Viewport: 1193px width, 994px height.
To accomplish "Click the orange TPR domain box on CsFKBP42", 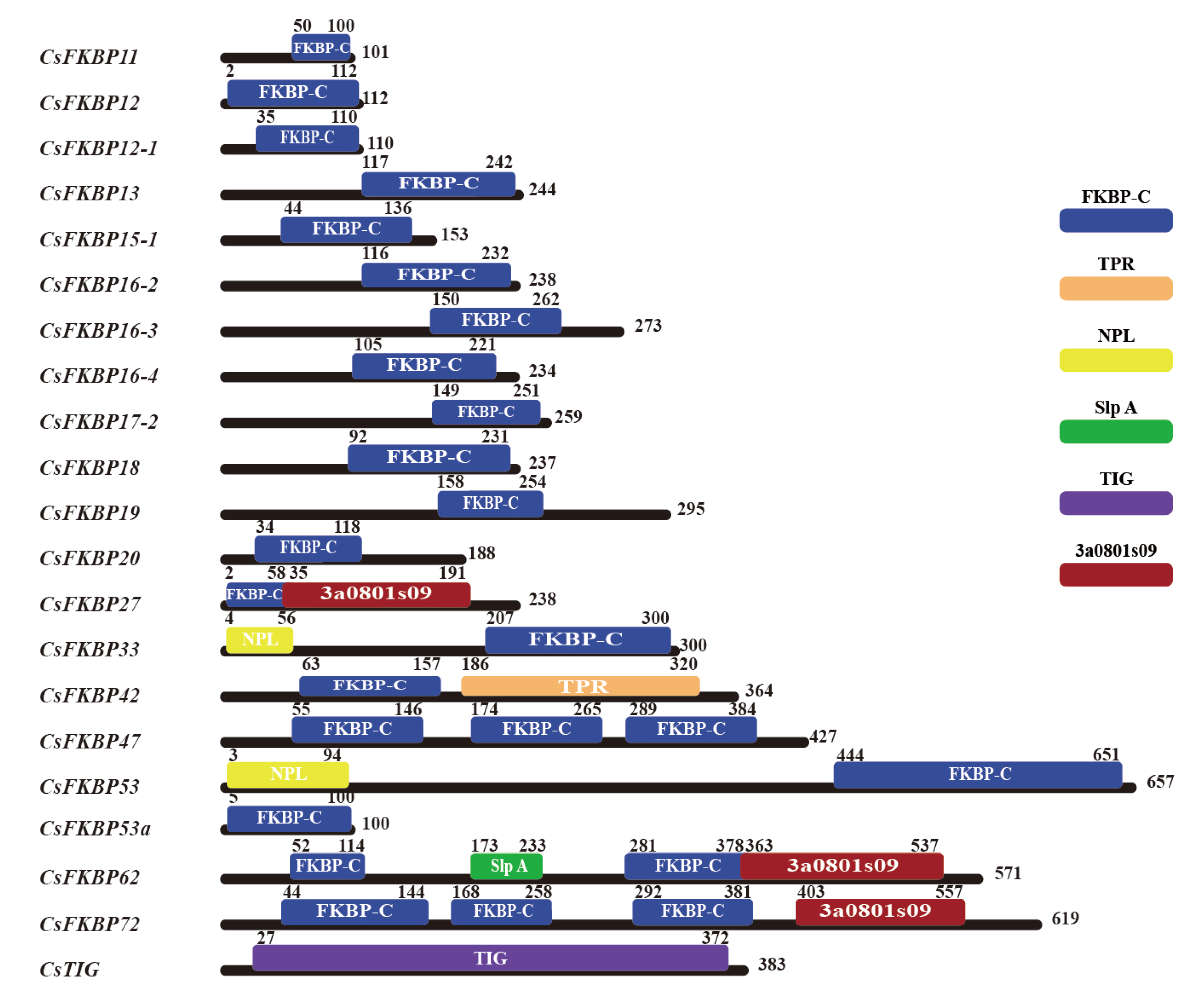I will click(x=580, y=686).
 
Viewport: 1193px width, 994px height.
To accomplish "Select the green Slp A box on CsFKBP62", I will click(x=506, y=865).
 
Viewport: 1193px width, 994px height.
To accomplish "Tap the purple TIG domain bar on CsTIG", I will click(x=490, y=958).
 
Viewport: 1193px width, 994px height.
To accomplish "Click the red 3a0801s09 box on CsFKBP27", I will click(x=376, y=594).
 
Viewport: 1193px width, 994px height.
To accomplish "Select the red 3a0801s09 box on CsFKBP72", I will click(x=879, y=911).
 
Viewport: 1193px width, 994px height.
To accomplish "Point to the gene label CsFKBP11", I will click(x=89, y=57).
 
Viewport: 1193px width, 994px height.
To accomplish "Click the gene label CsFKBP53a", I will click(x=95, y=828).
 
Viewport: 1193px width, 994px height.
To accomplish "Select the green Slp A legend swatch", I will click(x=1115, y=431).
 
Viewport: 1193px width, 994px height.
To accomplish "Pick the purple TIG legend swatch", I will click(x=1115, y=503).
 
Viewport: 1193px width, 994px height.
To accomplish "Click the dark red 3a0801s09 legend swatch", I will click(x=1115, y=575).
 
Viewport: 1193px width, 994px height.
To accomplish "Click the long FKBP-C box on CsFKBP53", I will click(x=977, y=774).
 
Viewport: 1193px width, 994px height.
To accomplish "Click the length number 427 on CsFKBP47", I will click(x=822, y=737).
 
